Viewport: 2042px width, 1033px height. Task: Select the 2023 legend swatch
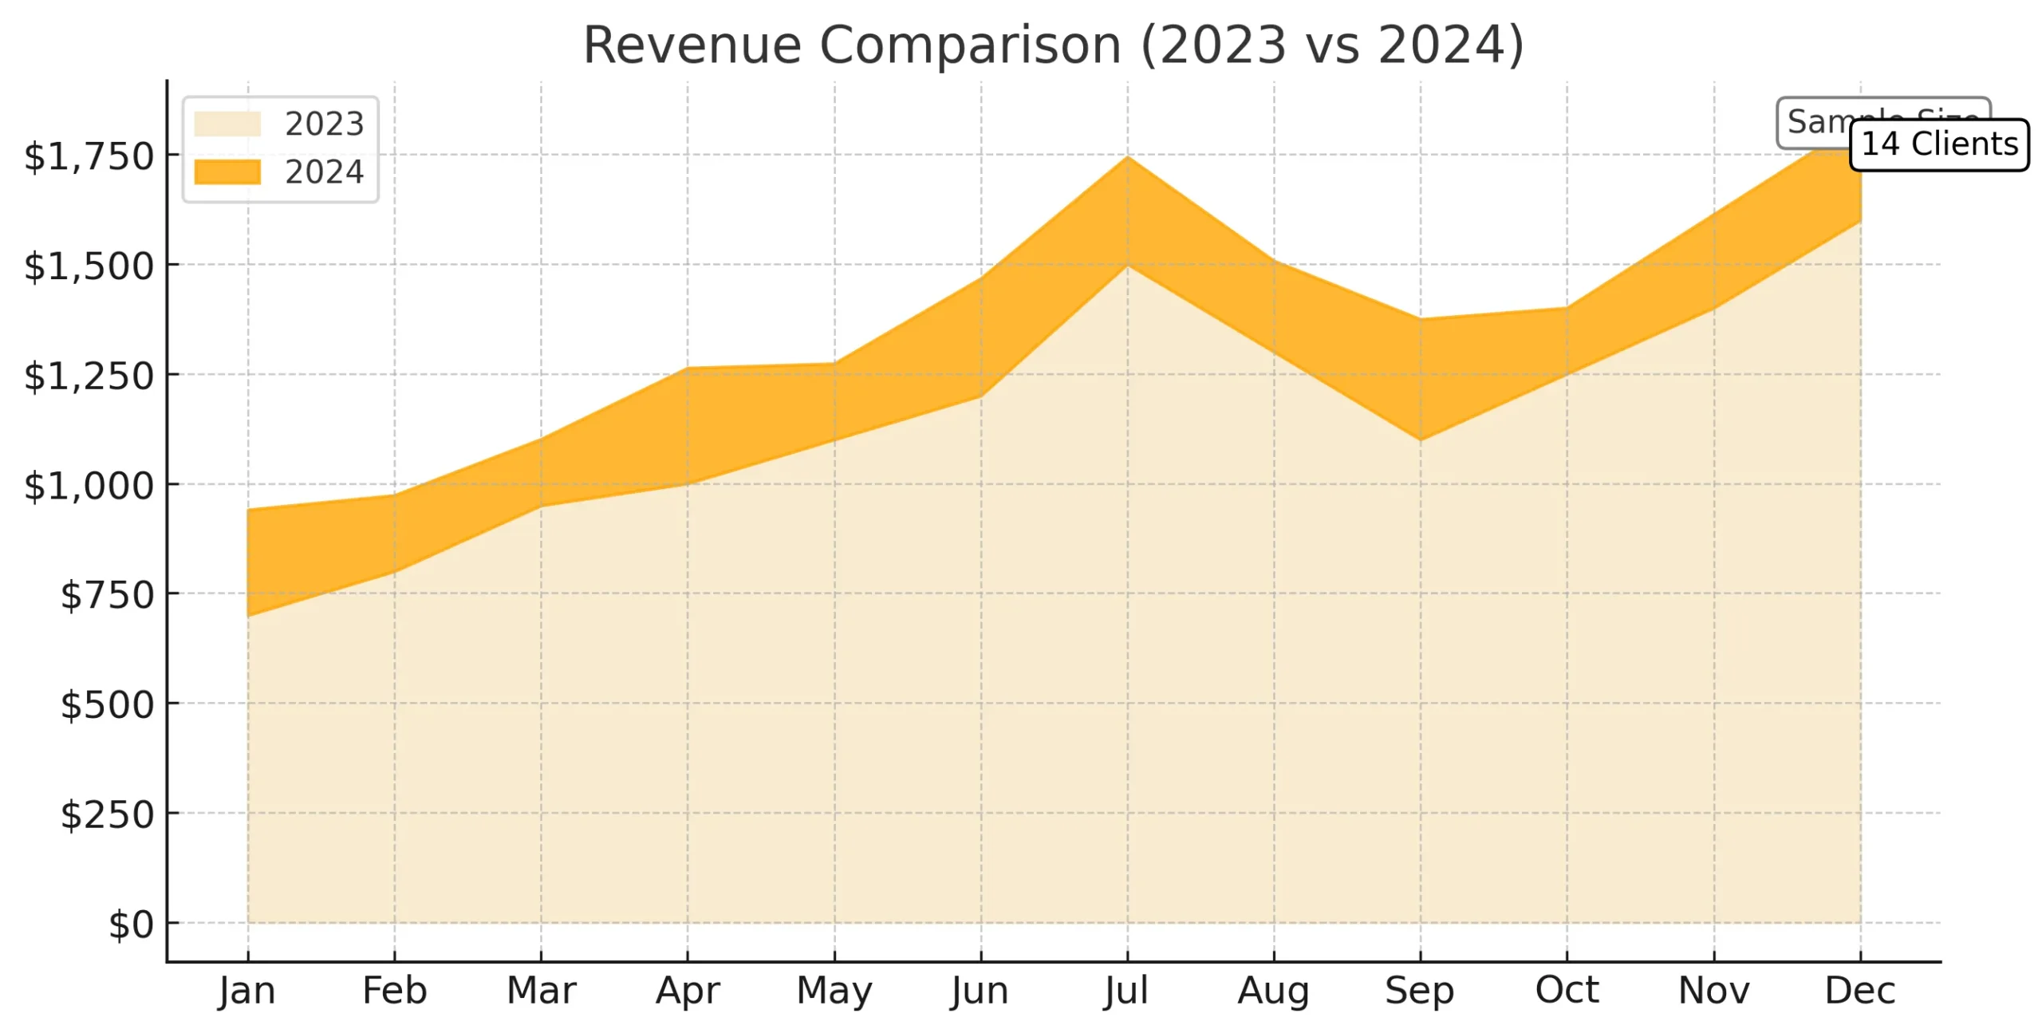pos(227,124)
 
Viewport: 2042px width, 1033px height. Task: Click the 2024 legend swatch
pos(227,172)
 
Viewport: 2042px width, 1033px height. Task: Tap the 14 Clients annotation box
pos(1938,144)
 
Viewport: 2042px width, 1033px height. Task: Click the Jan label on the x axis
pos(247,991)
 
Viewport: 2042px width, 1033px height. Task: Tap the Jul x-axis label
pos(1126,991)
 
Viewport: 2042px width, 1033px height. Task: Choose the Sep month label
pos(1420,991)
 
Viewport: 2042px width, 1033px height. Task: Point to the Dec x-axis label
pos(1860,991)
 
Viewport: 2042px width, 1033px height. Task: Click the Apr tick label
pos(688,991)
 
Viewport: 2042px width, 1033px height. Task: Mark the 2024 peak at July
pos(1127,156)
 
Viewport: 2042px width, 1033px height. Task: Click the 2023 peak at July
pos(1127,265)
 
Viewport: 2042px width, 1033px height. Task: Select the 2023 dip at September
pos(1421,440)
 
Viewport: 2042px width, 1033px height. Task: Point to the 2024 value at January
pos(248,509)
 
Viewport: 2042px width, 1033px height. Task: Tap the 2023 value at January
pos(248,616)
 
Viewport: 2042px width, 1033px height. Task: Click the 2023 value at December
pos(1861,221)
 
